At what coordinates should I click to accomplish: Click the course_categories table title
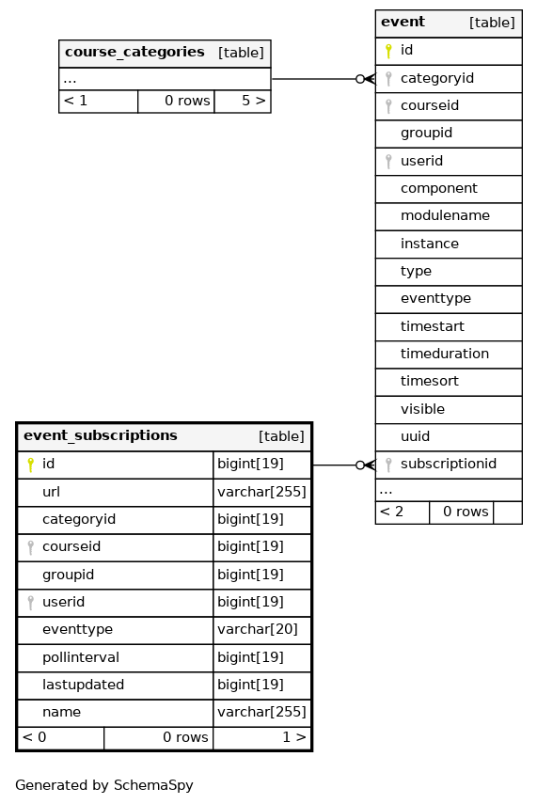[x=134, y=53]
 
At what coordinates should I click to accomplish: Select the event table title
[x=403, y=22]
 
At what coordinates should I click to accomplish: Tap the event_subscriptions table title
[x=100, y=435]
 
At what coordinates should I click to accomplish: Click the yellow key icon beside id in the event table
[x=388, y=50]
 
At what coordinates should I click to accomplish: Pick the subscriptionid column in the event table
[x=449, y=464]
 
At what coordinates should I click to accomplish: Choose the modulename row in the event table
[x=445, y=216]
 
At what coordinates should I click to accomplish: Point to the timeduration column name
[x=444, y=354]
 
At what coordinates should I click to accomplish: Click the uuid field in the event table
[x=415, y=436]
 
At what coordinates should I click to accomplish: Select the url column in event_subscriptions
[x=51, y=492]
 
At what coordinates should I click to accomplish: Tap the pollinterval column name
[x=81, y=657]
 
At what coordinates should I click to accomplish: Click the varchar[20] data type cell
[x=258, y=630]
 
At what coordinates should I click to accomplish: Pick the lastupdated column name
[x=83, y=685]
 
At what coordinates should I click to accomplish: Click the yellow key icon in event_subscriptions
[x=30, y=465]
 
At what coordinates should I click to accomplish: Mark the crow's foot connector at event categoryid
[x=365, y=79]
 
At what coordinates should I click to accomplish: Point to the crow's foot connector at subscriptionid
[x=365, y=465]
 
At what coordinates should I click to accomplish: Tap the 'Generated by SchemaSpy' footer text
[x=104, y=785]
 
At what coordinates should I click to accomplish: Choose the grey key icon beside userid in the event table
[x=388, y=161]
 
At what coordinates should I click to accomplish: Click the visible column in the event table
[x=422, y=409]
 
